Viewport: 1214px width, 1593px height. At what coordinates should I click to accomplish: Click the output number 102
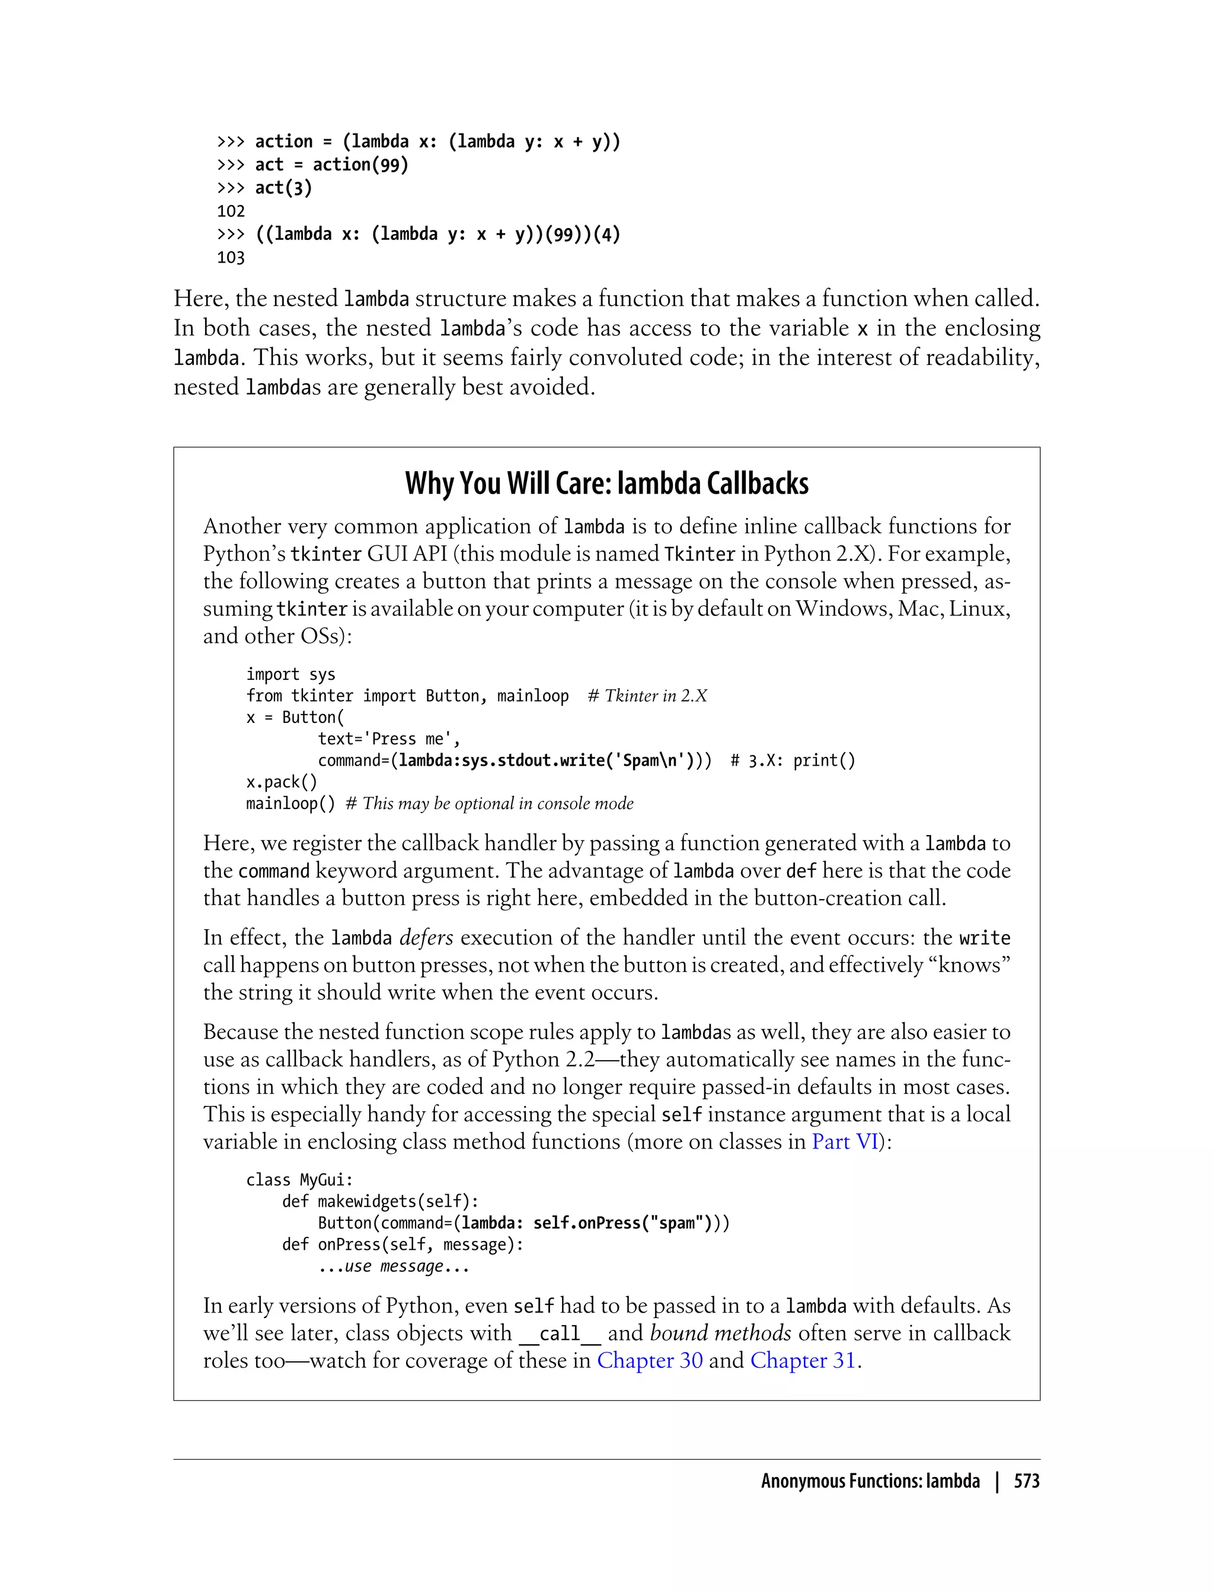231,211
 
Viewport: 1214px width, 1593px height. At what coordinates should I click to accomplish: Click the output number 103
231,257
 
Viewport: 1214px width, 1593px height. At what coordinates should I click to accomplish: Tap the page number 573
1026,1481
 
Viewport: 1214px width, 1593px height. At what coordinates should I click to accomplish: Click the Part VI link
845,1141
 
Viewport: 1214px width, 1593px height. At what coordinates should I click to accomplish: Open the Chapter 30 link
649,1360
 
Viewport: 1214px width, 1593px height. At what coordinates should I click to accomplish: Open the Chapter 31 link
802,1360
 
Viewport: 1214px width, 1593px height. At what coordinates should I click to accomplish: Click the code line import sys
290,674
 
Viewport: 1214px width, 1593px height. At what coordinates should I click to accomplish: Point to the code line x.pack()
281,782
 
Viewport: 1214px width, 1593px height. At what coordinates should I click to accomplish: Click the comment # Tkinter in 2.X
647,696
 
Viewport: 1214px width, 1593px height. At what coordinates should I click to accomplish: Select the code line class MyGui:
299,1180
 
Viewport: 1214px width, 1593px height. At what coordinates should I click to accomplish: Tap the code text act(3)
283,188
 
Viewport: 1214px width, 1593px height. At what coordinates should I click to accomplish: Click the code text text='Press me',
389,739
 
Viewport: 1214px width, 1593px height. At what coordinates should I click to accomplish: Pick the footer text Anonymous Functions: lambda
870,1481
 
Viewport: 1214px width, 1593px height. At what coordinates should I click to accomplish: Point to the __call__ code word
560,1333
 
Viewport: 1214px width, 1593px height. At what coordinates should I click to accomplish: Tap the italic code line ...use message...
393,1266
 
